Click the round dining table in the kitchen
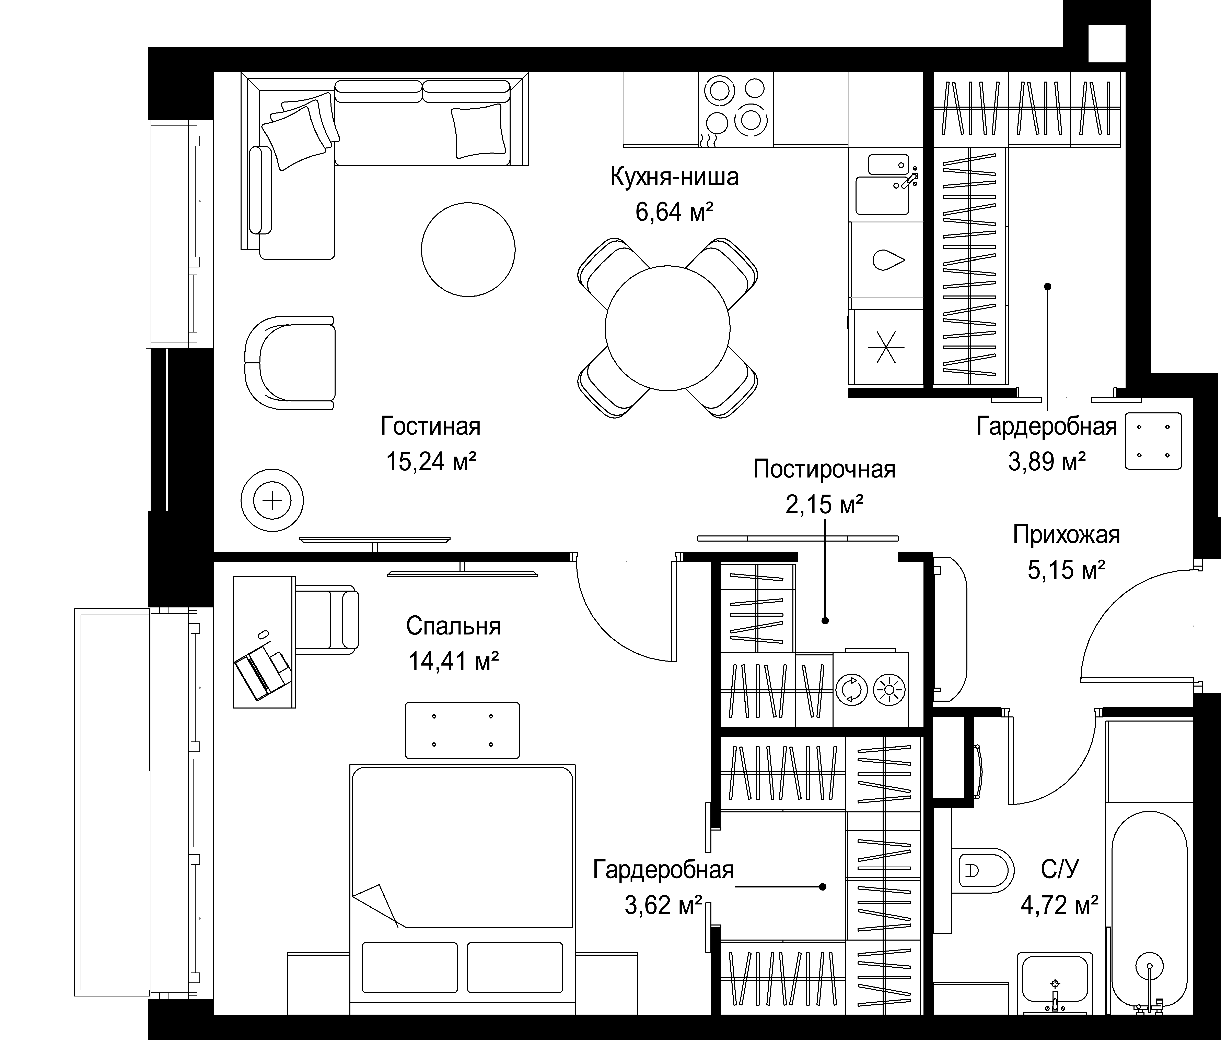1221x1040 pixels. (x=668, y=328)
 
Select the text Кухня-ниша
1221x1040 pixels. (x=674, y=177)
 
